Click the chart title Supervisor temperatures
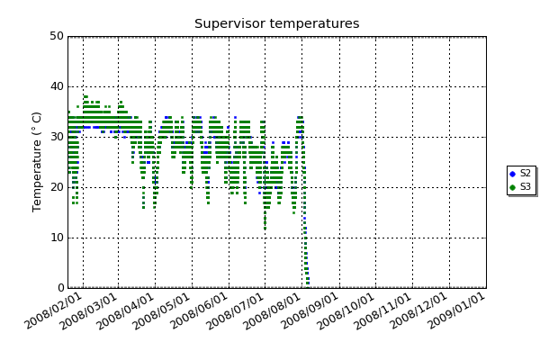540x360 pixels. click(276, 23)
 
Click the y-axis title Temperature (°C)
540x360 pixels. click(37, 162)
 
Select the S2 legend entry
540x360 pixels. click(521, 174)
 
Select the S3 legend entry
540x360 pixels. click(521, 186)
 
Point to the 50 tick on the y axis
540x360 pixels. click(58, 36)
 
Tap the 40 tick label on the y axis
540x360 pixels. click(58, 86)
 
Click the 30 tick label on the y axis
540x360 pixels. click(58, 137)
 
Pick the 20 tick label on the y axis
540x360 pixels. click(58, 187)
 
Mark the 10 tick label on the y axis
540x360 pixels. click(58, 238)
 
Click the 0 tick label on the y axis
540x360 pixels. click(61, 288)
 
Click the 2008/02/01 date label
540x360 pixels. click(53, 311)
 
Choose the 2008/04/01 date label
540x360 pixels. click(125, 311)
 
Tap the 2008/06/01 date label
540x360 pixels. click(199, 311)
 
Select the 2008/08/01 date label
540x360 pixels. click(273, 311)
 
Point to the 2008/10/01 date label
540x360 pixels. click(346, 311)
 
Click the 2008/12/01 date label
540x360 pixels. click(419, 311)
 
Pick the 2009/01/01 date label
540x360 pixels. click(456, 311)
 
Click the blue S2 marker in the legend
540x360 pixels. click(512, 174)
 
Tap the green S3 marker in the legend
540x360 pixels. click(512, 187)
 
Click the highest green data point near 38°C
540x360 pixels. click(85, 97)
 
